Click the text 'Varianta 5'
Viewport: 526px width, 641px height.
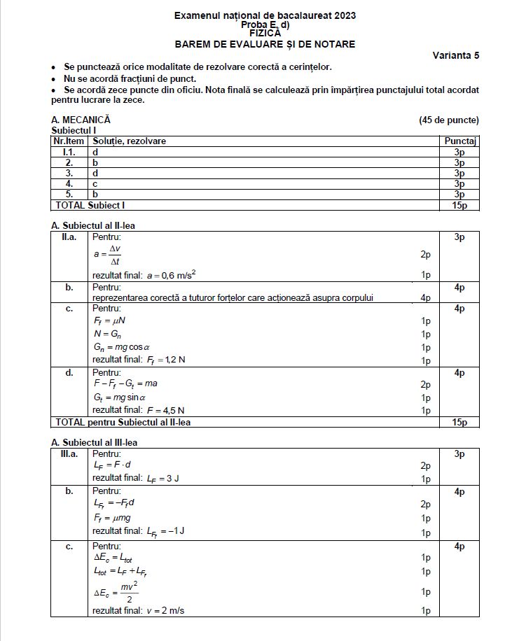tap(455, 55)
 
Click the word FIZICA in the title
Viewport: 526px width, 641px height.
tap(265, 33)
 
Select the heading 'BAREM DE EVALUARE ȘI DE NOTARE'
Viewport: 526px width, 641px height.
tap(265, 44)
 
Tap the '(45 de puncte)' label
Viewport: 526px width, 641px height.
tap(449, 120)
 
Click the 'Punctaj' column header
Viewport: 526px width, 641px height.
tap(460, 141)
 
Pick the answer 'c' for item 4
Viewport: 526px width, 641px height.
tap(95, 183)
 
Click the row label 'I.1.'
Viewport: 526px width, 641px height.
tap(69, 152)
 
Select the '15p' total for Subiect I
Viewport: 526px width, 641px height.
tap(459, 205)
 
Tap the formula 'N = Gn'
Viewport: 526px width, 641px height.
tap(106, 333)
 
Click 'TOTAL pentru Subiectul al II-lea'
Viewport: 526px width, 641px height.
tap(121, 422)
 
